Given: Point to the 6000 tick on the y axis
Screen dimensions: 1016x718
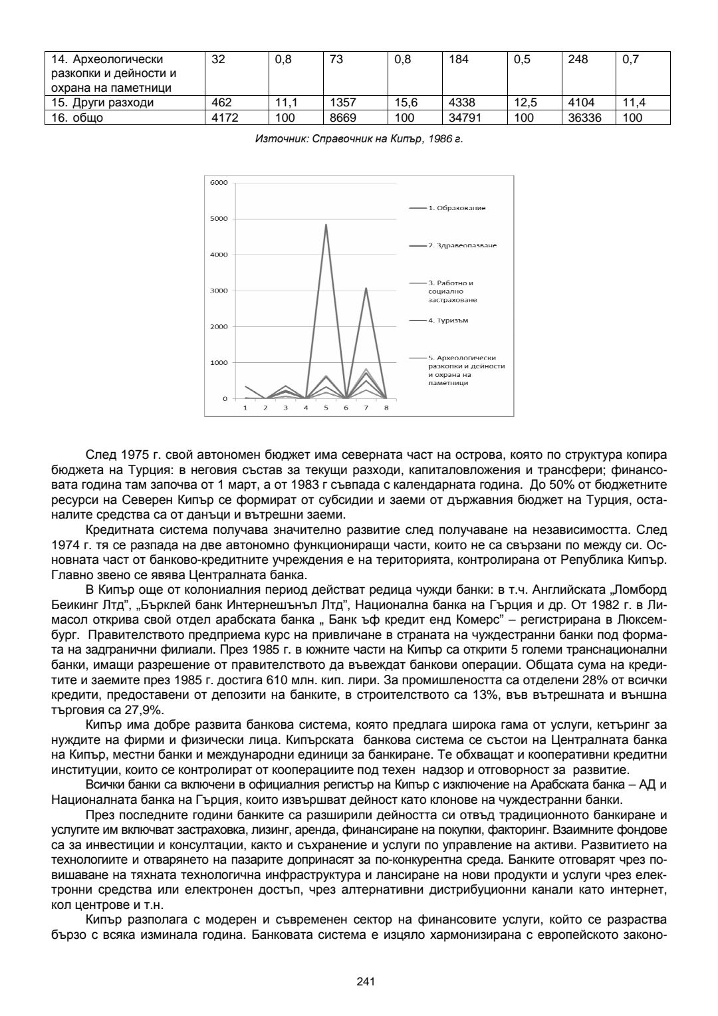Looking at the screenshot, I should [219, 182].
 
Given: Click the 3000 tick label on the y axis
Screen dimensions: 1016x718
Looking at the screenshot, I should [219, 291].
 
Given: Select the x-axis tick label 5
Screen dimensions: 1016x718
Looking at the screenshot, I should [326, 408].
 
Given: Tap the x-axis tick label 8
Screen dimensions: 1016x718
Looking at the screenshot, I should [386, 408].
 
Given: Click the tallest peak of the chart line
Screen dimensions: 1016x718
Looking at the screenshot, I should [326, 225].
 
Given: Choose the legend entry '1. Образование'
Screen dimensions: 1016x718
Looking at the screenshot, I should [456, 208].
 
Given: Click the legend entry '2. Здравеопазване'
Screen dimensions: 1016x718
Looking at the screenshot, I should [461, 245].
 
